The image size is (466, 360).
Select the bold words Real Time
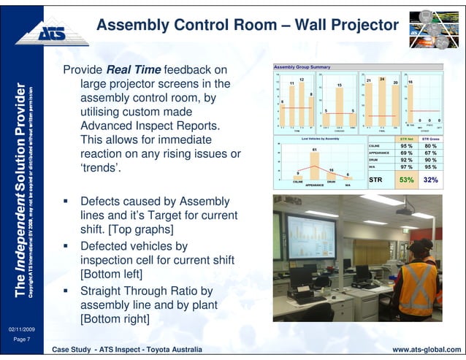(x=134, y=70)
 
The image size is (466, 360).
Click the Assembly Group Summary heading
(x=302, y=66)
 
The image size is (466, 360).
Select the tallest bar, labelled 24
(x=382, y=102)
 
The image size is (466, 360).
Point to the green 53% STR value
(x=406, y=180)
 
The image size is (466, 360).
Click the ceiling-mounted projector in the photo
(x=406, y=210)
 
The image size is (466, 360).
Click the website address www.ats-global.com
(x=427, y=351)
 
